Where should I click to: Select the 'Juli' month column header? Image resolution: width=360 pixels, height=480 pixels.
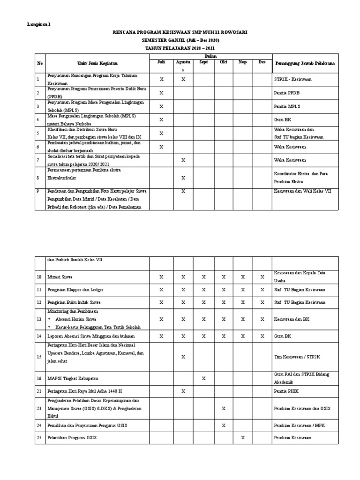click(x=161, y=61)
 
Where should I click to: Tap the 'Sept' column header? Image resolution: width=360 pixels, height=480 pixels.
click(x=203, y=61)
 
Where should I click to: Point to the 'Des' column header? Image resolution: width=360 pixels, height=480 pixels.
click(x=262, y=61)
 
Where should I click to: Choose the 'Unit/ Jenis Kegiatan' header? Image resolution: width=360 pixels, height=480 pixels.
click(x=97, y=63)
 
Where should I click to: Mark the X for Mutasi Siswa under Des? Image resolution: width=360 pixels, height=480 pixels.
click(x=262, y=277)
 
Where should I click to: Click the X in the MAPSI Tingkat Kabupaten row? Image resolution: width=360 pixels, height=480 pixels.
click(x=203, y=378)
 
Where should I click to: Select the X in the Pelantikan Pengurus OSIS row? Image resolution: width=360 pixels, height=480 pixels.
click(x=243, y=437)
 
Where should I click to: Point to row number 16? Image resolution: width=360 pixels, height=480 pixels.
click(x=39, y=378)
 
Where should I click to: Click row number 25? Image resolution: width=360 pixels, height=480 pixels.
click(x=39, y=437)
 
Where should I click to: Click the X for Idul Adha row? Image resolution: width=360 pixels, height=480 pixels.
click(x=183, y=390)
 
